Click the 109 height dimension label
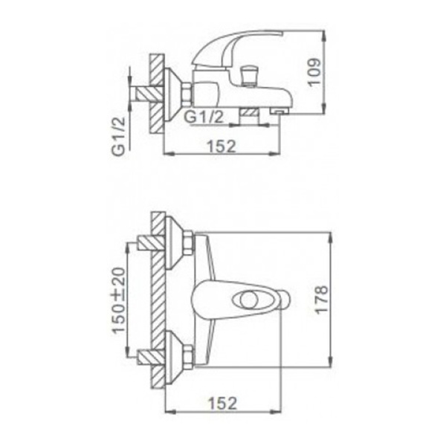pyautogui.click(x=314, y=72)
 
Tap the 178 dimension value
pyautogui.click(x=322, y=300)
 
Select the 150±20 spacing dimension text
pyautogui.click(x=118, y=300)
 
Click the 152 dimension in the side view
pyautogui.click(x=222, y=146)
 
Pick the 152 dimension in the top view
pyautogui.click(x=222, y=403)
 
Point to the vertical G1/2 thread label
pyautogui.click(x=118, y=136)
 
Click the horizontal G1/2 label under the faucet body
pyautogui.click(x=204, y=117)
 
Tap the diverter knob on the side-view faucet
pyautogui.click(x=248, y=75)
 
